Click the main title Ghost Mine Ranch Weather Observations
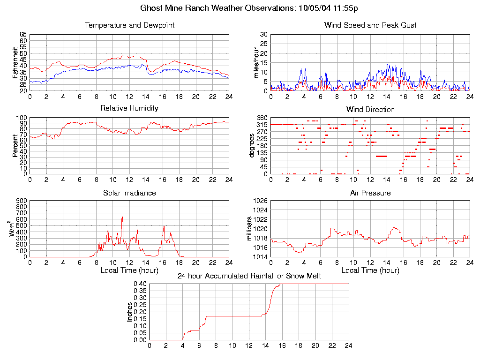pyautogui.click(x=249, y=8)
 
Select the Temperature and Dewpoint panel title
pyautogui.click(x=129, y=25)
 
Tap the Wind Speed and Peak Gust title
pyautogui.click(x=370, y=25)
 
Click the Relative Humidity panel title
pyautogui.click(x=129, y=108)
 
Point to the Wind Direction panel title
pyautogui.click(x=370, y=110)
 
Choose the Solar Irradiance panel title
pyautogui.click(x=129, y=193)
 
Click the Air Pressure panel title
pyautogui.click(x=370, y=193)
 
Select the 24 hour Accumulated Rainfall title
pyautogui.click(x=249, y=276)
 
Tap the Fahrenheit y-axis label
pyautogui.click(x=15, y=62)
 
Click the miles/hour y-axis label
pyautogui.click(x=256, y=62)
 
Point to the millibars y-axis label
pyautogui.click(x=250, y=229)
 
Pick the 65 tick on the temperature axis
pyautogui.click(x=23, y=35)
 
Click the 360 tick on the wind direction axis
pyautogui.click(x=262, y=118)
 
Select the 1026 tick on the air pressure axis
pyautogui.click(x=260, y=201)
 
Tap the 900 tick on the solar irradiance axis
pyautogui.click(x=22, y=201)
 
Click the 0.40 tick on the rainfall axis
pyautogui.click(x=140, y=284)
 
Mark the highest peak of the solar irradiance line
pyautogui.click(x=122, y=217)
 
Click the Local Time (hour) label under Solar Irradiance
pyautogui.click(x=129, y=270)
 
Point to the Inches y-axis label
pyautogui.click(x=130, y=312)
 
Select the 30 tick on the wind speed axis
pyautogui.click(x=264, y=35)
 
